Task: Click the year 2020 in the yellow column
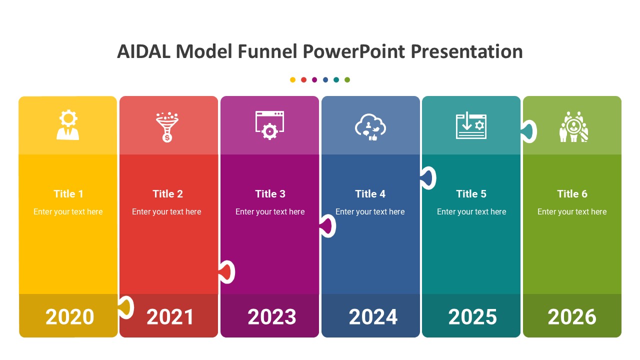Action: click(69, 317)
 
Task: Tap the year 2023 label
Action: click(271, 317)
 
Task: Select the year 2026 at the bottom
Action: click(572, 317)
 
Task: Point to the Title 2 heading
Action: click(167, 194)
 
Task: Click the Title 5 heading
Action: click(471, 194)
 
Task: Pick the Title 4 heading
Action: click(370, 194)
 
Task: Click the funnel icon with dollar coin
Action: click(167, 127)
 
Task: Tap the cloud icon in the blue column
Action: click(370, 127)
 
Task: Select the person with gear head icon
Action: click(67, 125)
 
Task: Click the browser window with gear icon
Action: click(269, 125)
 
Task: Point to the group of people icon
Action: click(573, 126)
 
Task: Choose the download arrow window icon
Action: click(471, 125)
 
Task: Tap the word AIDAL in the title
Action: click(143, 51)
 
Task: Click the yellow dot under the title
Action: click(292, 79)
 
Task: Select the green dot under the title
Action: click(347, 79)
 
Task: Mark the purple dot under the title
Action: click(314, 79)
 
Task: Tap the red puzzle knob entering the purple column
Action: click(227, 272)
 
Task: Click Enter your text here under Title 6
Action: click(572, 211)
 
